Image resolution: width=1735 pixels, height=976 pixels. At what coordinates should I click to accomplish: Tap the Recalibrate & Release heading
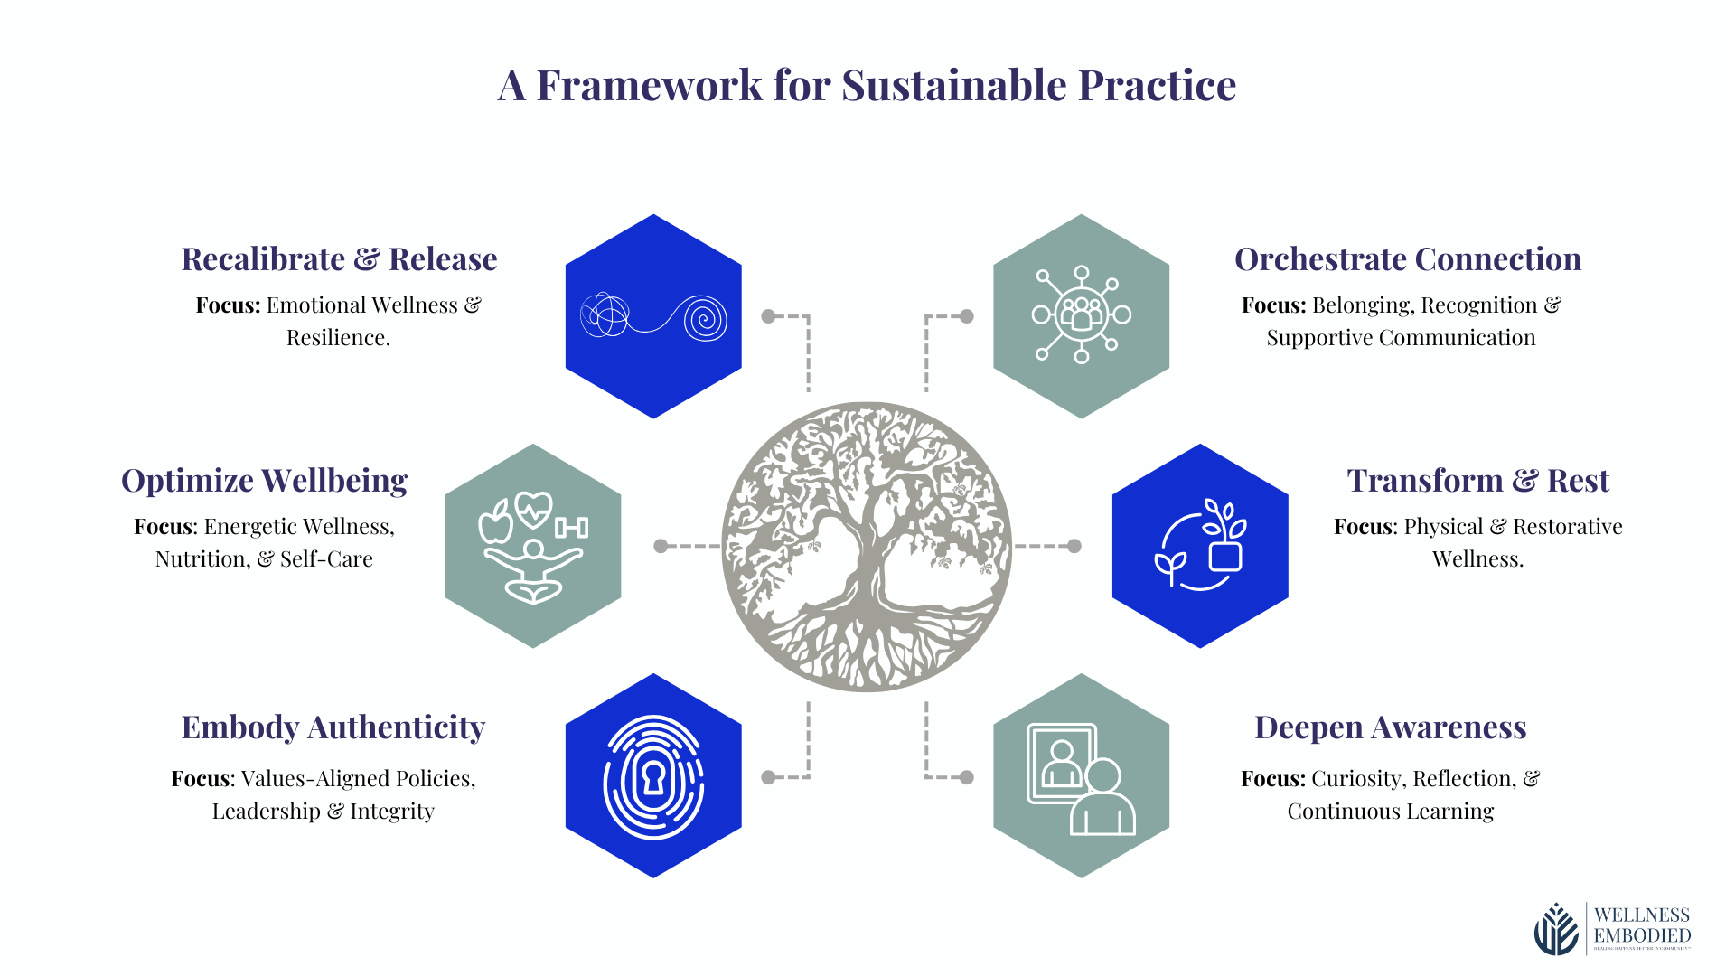[x=339, y=259]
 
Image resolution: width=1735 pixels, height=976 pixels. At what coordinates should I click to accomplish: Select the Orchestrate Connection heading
[x=1407, y=259]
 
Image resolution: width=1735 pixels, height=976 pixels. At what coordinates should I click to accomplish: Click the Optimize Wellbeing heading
[x=264, y=481]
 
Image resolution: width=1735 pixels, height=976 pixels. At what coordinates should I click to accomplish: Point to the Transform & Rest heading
[x=1477, y=481]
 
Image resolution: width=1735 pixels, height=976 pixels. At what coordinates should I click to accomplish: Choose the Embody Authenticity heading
[x=333, y=727]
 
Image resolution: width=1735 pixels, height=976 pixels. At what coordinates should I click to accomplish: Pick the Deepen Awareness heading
[x=1390, y=727]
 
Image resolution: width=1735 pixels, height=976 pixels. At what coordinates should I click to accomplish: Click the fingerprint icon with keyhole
[x=653, y=777]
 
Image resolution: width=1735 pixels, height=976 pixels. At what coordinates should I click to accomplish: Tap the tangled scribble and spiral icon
[x=653, y=316]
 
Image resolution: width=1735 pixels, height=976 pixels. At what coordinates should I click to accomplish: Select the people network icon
[x=1082, y=314]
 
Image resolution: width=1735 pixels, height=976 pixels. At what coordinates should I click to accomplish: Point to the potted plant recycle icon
[x=1200, y=545]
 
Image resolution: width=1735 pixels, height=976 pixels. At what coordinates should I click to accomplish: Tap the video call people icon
[x=1081, y=777]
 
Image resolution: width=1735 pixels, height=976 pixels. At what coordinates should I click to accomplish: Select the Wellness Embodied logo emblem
[x=1556, y=929]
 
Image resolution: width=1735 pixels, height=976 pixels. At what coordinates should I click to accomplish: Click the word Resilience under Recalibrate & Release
[x=338, y=338]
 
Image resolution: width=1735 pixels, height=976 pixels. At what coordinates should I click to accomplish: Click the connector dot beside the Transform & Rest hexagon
[x=1074, y=546]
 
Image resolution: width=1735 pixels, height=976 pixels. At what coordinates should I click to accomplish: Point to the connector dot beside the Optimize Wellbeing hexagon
[x=661, y=546]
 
